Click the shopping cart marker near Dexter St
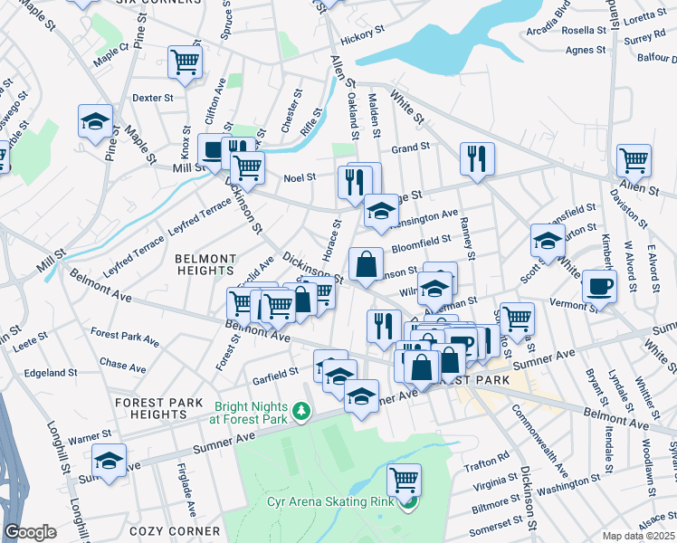tap(185, 63)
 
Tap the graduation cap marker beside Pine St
tap(95, 122)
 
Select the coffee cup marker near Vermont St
tap(599, 287)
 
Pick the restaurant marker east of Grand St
tap(473, 159)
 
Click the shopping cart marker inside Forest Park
tap(404, 478)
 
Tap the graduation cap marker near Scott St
tap(548, 241)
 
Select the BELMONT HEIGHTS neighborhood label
tap(205, 264)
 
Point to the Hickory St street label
tap(362, 40)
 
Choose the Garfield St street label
tap(275, 372)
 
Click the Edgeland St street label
tap(51, 373)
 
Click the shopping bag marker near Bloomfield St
tap(365, 266)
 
